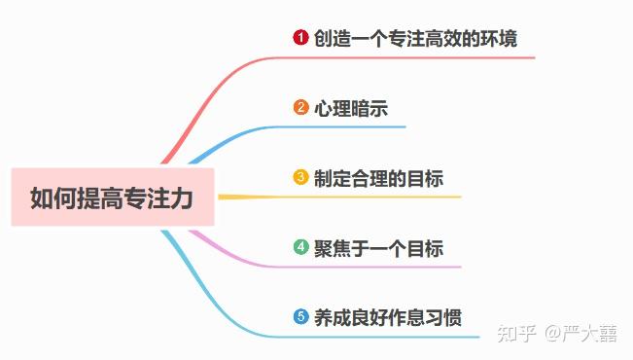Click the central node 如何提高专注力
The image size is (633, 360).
[113, 198]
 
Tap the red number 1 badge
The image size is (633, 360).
[300, 38]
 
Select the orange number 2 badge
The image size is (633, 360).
[300, 108]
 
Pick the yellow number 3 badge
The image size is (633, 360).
[300, 178]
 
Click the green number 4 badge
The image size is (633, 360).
[300, 247]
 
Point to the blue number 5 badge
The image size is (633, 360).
[300, 317]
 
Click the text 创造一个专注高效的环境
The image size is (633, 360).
[415, 39]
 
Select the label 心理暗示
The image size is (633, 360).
[351, 109]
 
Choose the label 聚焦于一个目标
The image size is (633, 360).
[378, 248]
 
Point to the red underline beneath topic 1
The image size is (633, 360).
[418, 57]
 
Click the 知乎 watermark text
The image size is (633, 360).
[516, 334]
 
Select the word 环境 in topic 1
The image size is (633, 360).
[500, 39]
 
